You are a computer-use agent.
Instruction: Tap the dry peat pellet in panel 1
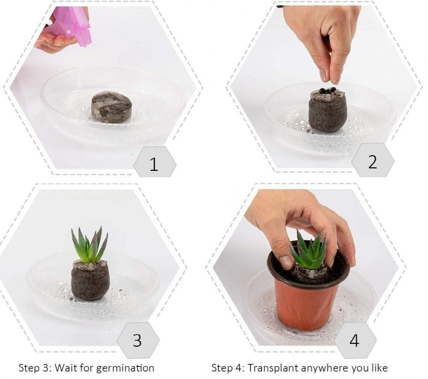click(111, 107)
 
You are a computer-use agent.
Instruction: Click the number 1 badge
click(155, 162)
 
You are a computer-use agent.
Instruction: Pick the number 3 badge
click(137, 340)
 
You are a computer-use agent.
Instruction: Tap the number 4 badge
click(355, 340)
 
